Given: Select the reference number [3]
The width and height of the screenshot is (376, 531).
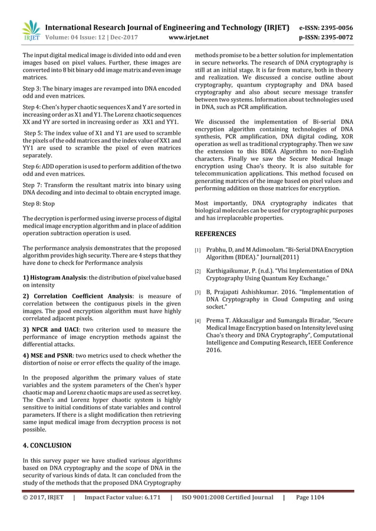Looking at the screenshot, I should click(199, 291).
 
